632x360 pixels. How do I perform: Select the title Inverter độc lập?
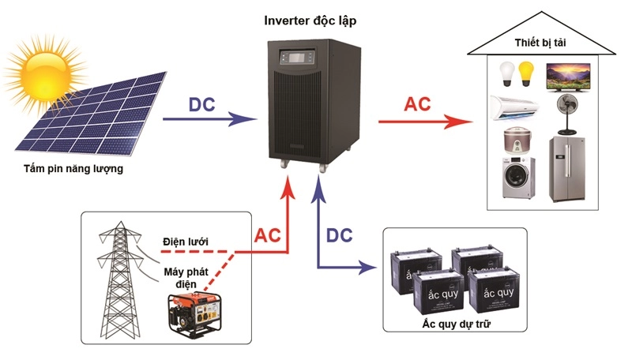315,18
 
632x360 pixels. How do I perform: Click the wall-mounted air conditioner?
514,107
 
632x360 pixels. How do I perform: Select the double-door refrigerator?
568,169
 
